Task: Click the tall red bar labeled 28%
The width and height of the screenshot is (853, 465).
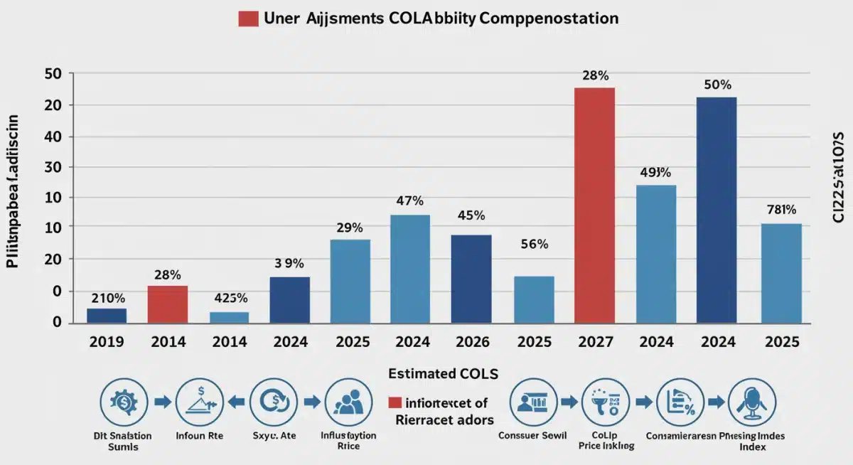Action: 594,205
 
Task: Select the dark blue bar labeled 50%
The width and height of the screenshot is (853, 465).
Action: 717,210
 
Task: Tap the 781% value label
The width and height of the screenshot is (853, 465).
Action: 781,210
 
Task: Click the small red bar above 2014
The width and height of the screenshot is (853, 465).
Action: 168,304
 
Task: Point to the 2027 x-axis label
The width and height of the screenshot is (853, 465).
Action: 594,342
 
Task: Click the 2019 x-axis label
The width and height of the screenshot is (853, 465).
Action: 107,342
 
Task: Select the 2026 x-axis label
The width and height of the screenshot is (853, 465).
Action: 471,342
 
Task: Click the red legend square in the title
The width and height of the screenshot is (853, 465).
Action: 248,18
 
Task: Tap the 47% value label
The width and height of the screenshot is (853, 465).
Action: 410,201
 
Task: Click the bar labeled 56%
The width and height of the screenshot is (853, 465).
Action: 534,299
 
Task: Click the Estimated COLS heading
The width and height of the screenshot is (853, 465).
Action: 443,373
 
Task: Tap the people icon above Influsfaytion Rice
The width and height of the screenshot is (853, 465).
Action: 349,402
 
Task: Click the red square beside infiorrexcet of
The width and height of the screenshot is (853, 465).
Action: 395,403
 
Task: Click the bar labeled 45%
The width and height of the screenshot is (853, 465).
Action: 471,279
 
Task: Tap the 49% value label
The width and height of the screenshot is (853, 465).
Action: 656,171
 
